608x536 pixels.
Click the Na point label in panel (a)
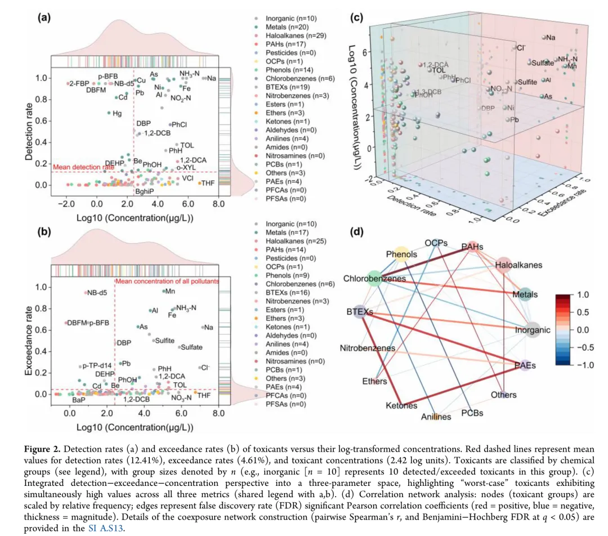(212, 78)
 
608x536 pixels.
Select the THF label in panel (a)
(208, 183)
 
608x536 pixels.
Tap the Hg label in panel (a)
(117, 113)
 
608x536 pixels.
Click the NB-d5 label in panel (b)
(96, 293)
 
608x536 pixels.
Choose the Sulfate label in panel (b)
(191, 347)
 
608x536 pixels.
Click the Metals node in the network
(525, 294)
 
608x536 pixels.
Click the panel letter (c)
(356, 17)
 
